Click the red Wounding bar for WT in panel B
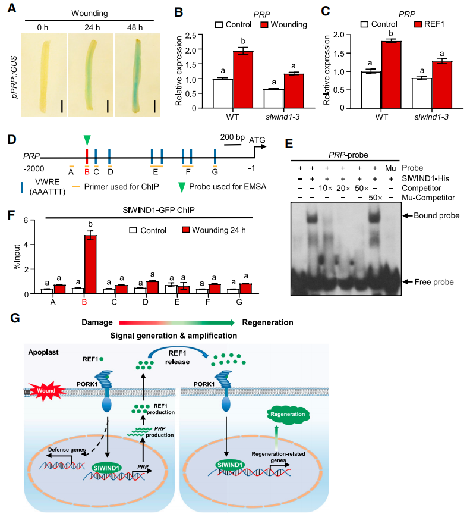pos(243,80)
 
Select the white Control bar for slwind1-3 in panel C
pos(421,93)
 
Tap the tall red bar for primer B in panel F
pos(90,264)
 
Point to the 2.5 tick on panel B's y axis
pos(192,35)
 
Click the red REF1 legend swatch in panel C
pos(418,24)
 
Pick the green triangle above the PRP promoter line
pos(87,140)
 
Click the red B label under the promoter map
pos(87,171)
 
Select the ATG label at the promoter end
pos(257,140)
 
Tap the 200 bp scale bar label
pos(232,137)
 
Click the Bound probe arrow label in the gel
pos(437,216)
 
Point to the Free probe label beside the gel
pos(434,282)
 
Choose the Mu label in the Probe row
pos(390,168)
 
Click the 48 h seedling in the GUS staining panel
pos(137,76)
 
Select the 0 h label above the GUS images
pos(43,27)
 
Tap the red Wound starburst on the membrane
pos(46,391)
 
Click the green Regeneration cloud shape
pos(288,415)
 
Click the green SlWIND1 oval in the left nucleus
pos(106,468)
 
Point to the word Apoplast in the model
pos(43,352)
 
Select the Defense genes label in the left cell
pos(67,450)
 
